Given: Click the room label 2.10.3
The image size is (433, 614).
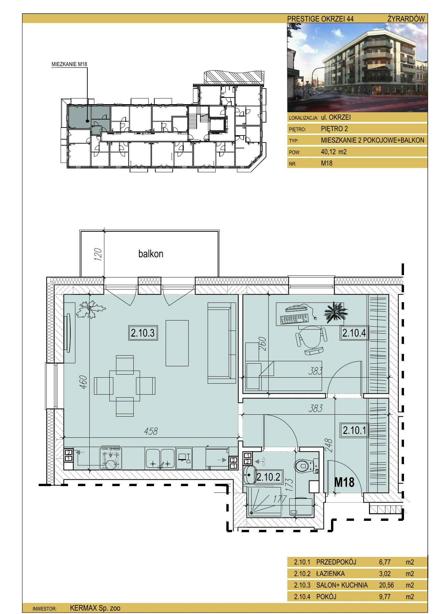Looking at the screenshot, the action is coord(143,333).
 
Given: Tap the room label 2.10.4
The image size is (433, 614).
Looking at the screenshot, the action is coord(354,333).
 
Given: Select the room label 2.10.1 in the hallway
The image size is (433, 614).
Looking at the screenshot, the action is coord(354,430).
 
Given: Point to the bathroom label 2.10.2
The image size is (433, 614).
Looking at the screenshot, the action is coord(269,477).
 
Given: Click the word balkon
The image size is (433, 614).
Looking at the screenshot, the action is coord(151,254).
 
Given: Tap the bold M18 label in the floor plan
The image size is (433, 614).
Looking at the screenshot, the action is coord(344,482).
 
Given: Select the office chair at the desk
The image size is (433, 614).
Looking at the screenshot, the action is coord(311,340).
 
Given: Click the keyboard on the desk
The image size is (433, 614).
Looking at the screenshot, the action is coord(295,319).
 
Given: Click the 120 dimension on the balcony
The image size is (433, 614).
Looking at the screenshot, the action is coord(98,254).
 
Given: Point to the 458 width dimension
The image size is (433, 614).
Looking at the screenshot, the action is coord(151,431).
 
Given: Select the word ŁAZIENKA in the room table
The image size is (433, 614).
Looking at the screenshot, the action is coord(331,574).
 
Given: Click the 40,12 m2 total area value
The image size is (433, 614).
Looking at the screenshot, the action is coord(334,152).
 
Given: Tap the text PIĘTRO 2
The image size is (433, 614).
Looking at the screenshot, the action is coord(334,129).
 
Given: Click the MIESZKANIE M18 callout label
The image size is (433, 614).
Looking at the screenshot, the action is coord(69,64).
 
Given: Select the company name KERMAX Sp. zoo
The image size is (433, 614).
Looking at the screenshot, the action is coord(95,608).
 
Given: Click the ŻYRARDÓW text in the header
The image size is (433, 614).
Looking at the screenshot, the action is coord(406,19).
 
